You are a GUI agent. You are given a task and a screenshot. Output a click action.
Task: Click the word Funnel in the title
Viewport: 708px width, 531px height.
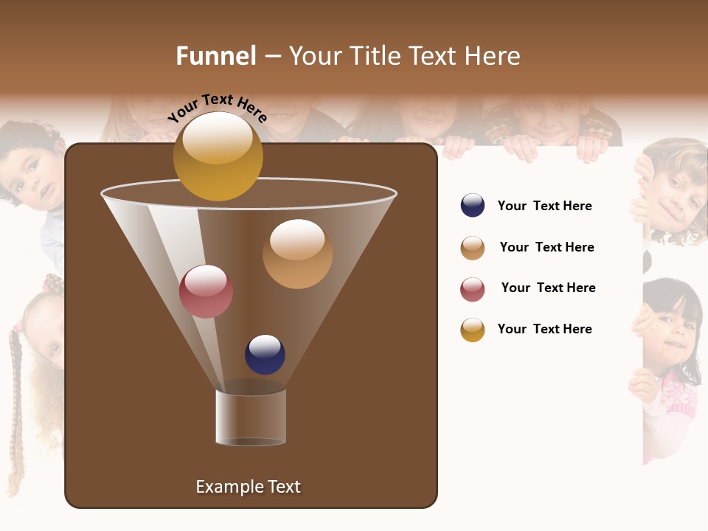pyautogui.click(x=215, y=56)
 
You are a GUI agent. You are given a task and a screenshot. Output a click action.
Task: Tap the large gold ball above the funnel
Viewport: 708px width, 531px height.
pyautogui.click(x=218, y=156)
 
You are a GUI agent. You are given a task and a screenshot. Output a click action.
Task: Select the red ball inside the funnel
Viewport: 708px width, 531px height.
pyautogui.click(x=206, y=291)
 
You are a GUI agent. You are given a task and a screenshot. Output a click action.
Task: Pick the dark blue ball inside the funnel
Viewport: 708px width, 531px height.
pyautogui.click(x=265, y=355)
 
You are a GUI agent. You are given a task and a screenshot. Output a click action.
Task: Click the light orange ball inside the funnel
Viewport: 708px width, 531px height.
pyautogui.click(x=297, y=254)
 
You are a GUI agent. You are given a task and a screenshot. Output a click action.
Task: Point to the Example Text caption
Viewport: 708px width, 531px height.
pyautogui.click(x=248, y=487)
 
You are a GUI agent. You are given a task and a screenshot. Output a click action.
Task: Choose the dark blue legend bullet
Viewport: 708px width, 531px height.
pyautogui.click(x=473, y=206)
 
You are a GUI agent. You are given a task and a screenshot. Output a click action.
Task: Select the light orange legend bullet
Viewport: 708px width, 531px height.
pyautogui.click(x=473, y=248)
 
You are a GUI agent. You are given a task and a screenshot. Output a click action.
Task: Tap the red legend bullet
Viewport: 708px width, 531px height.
pyautogui.click(x=473, y=289)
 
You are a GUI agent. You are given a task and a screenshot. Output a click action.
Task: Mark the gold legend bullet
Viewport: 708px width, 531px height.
pyautogui.click(x=473, y=330)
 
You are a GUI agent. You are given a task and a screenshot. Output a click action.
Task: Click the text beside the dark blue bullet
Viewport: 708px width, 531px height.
pyautogui.click(x=544, y=206)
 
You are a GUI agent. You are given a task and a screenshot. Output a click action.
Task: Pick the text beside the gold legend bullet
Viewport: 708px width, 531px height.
pyautogui.click(x=544, y=329)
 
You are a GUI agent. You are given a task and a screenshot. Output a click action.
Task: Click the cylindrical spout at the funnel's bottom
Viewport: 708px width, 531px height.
pyautogui.click(x=251, y=417)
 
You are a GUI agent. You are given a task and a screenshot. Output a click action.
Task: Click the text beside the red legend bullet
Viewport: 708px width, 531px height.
pyautogui.click(x=548, y=288)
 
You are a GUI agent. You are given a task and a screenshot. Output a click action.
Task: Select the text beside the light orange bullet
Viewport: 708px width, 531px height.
pyautogui.click(x=546, y=247)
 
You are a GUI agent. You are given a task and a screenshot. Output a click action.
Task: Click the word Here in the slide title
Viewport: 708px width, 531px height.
pyautogui.click(x=494, y=56)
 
